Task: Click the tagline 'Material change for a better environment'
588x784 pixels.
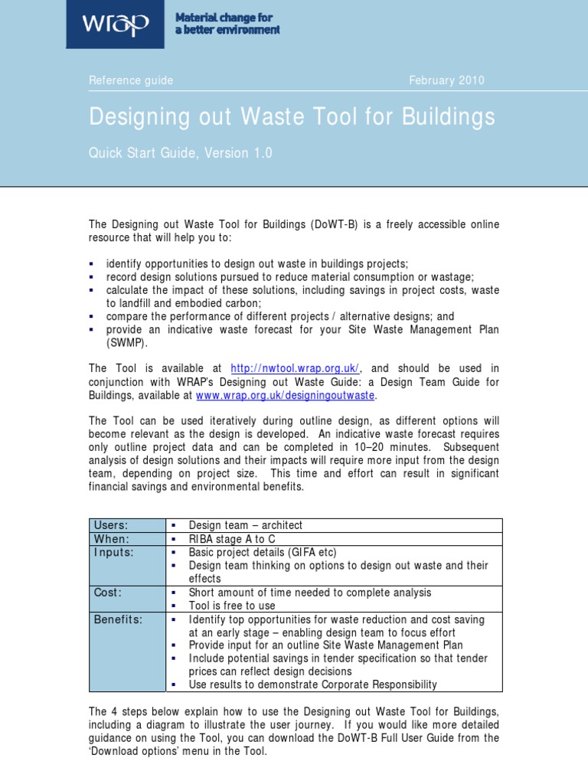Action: coord(227,24)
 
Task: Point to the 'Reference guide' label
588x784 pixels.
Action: coord(131,80)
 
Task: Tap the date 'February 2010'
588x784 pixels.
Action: coord(446,80)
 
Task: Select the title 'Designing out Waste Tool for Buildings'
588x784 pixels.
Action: coord(292,117)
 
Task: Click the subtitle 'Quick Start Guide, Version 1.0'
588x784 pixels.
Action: coord(180,153)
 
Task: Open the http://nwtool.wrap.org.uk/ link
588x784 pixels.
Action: coord(295,368)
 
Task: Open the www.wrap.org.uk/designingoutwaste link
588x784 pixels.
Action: coord(286,396)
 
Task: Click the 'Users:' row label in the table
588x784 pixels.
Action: coord(111,525)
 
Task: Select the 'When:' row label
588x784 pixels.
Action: coord(111,539)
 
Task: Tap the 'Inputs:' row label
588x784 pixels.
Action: coord(113,553)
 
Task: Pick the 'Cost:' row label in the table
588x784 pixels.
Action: coord(108,593)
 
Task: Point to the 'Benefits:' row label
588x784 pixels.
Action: coord(118,619)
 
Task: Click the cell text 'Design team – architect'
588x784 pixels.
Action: coord(246,525)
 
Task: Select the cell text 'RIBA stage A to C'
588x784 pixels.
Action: coord(232,539)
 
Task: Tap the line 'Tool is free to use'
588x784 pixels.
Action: coord(232,606)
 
